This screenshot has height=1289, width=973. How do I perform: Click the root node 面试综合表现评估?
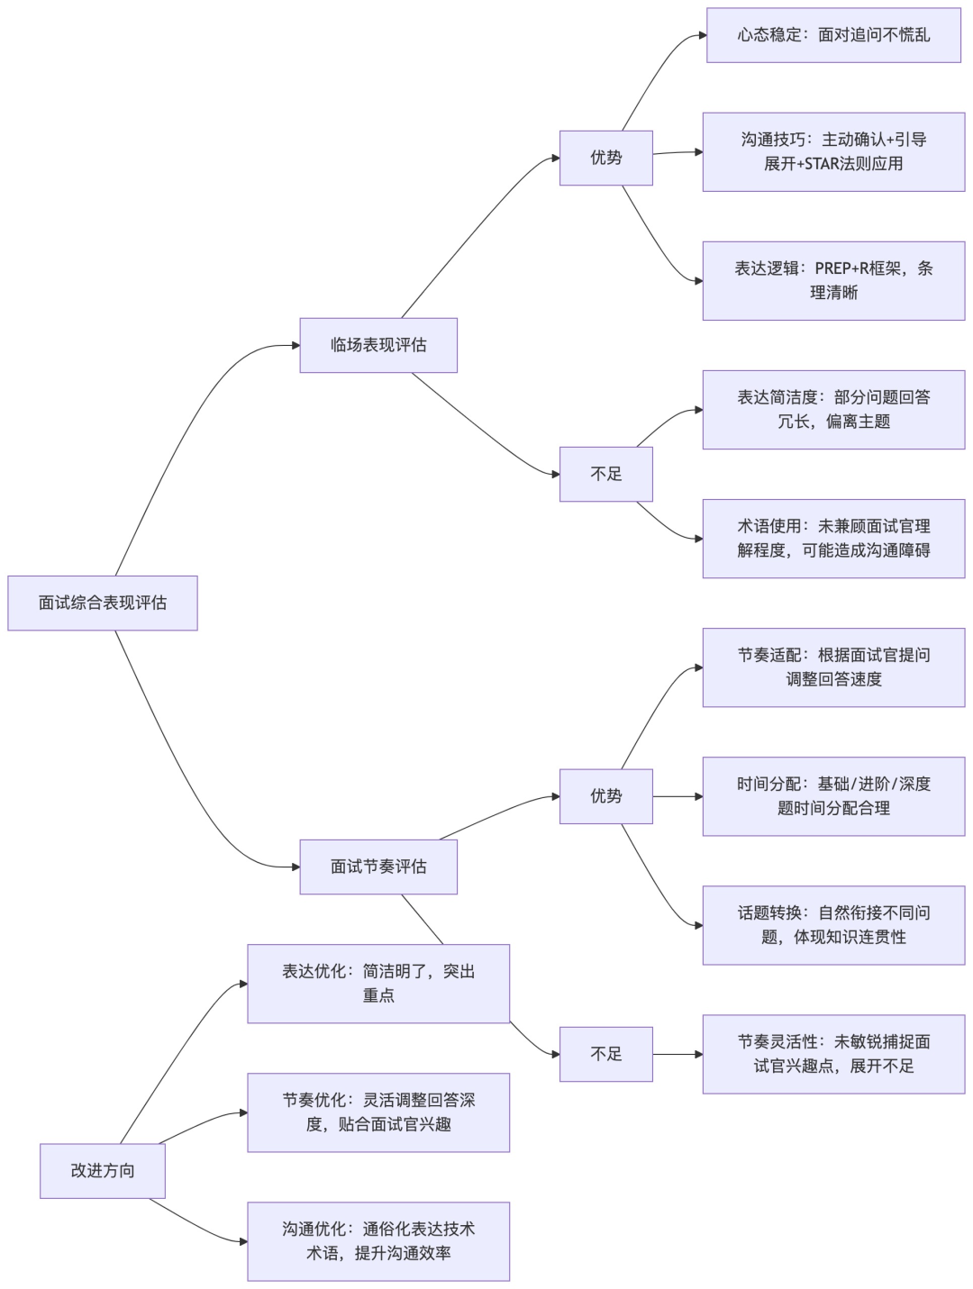click(x=103, y=603)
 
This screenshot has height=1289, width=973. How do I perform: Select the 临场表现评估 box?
click(x=378, y=345)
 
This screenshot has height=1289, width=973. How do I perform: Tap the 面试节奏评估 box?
click(x=378, y=867)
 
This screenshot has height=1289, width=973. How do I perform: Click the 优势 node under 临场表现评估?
click(x=605, y=158)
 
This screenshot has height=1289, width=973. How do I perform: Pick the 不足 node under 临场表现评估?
click(x=605, y=474)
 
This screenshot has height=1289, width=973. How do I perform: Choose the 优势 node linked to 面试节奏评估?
click(x=605, y=796)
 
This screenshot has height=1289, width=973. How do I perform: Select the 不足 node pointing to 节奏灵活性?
click(x=605, y=1054)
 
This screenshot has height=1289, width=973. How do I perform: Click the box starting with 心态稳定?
click(x=833, y=35)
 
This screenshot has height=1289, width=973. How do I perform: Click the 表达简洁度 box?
click(x=833, y=409)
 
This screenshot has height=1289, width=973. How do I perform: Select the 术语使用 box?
click(x=833, y=538)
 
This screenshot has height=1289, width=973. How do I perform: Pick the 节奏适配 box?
click(x=833, y=667)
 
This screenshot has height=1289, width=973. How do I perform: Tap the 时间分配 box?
click(x=833, y=795)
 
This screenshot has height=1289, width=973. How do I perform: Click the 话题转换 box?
click(x=833, y=925)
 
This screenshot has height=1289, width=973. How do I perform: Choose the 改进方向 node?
click(x=103, y=1171)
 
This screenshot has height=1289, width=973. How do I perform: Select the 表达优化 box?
click(x=378, y=984)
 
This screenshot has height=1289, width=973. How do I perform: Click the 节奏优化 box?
click(x=378, y=1112)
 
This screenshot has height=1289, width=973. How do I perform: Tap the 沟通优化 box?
click(x=378, y=1241)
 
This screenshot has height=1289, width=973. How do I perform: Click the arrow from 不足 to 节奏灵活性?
click(x=677, y=1054)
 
